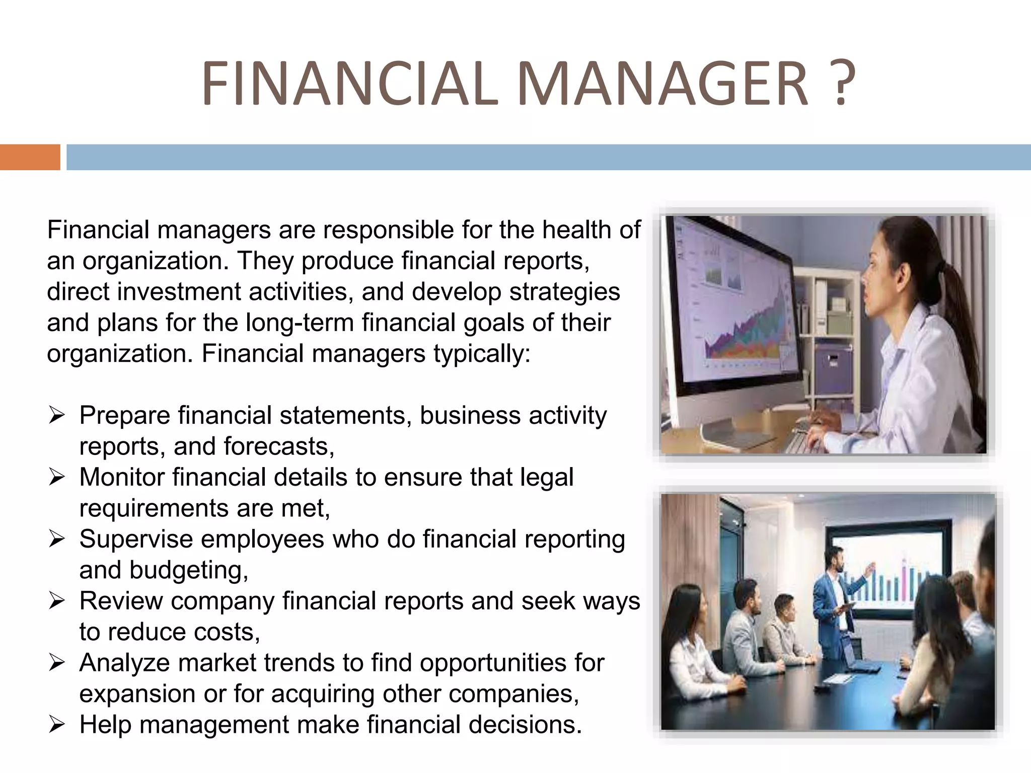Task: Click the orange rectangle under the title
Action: (x=30, y=157)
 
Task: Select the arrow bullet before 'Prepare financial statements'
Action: (x=56, y=416)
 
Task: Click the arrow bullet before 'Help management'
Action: (x=56, y=725)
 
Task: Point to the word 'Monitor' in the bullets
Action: (x=121, y=477)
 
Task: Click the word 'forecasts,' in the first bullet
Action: (x=279, y=446)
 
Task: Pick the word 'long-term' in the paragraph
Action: (x=300, y=323)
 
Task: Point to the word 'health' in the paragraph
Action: (x=576, y=230)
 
